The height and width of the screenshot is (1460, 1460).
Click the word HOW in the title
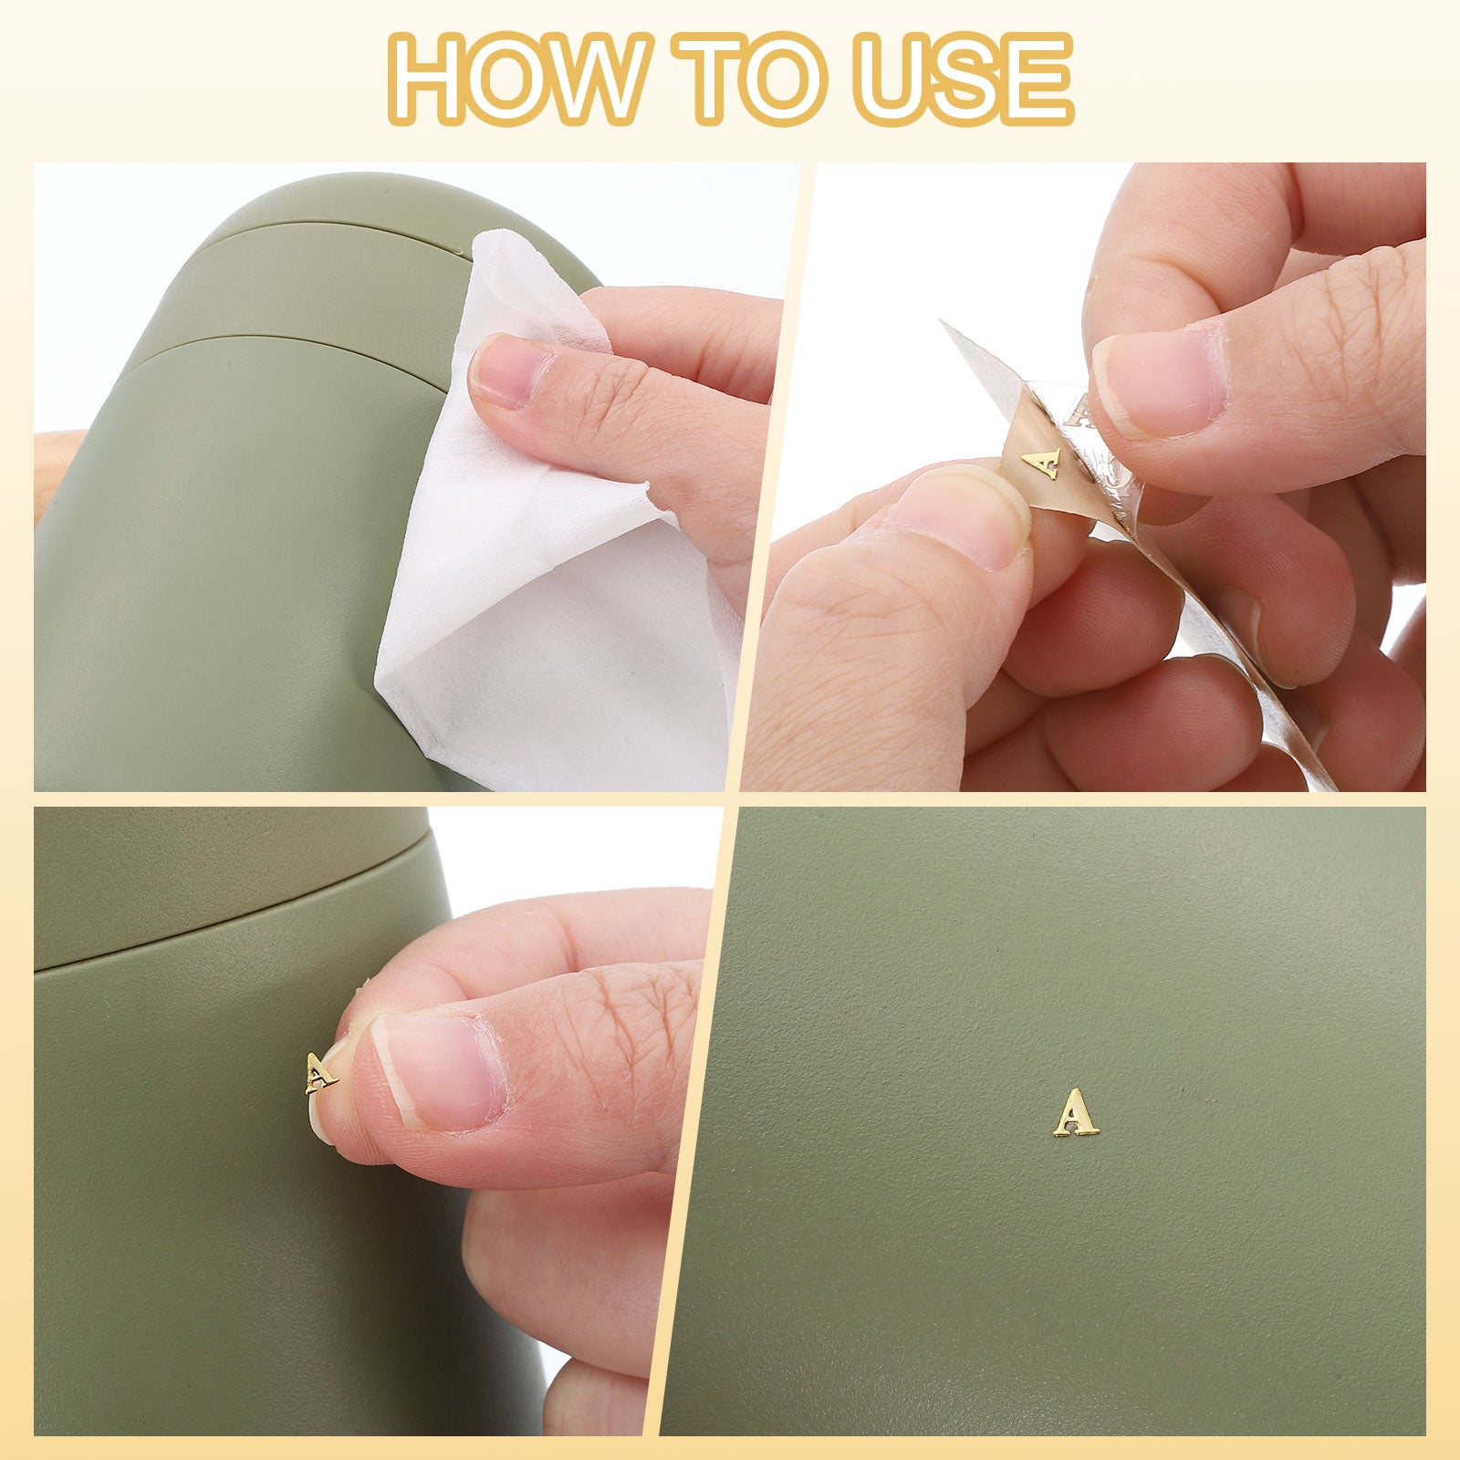[516, 80]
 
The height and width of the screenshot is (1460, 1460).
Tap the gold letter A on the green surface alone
[1077, 1112]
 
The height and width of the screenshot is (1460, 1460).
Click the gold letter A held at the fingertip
[320, 1073]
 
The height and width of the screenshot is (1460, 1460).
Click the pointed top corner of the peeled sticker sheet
[944, 322]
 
